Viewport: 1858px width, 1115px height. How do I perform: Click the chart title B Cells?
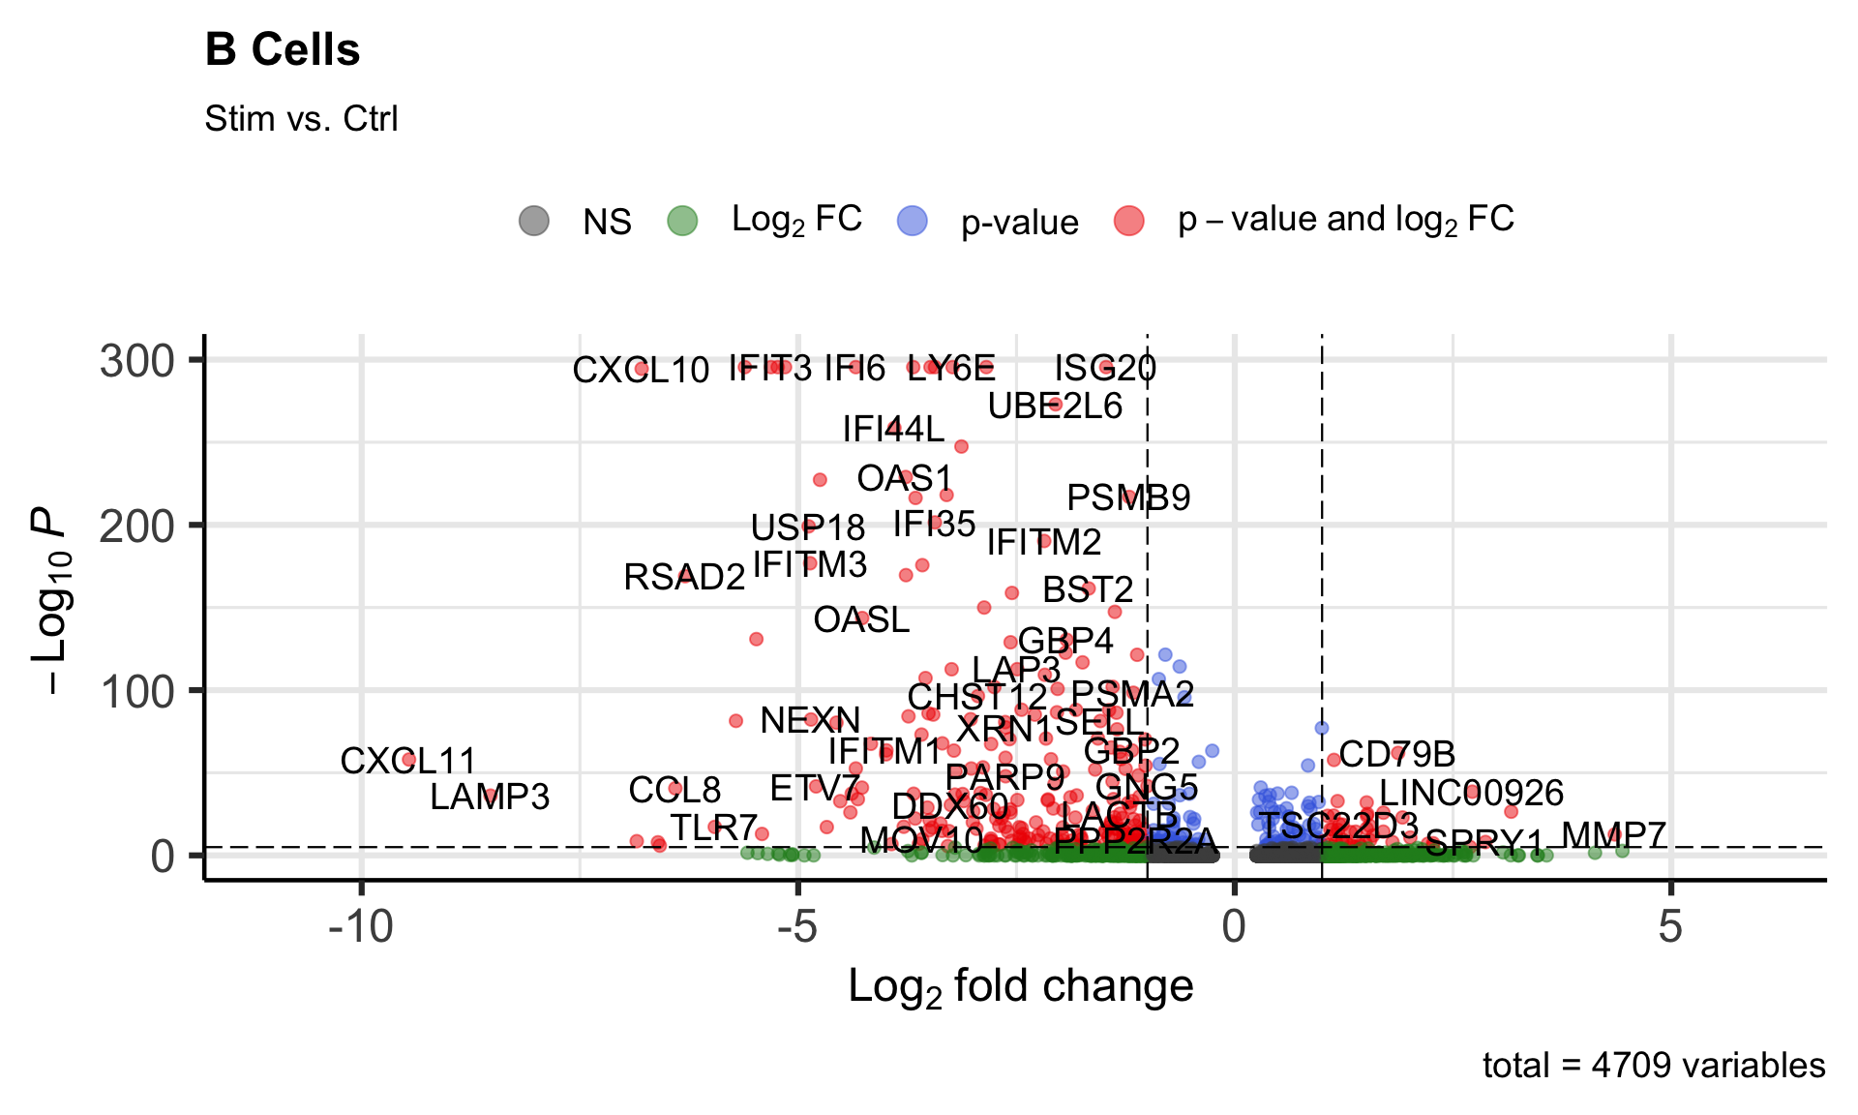click(x=283, y=50)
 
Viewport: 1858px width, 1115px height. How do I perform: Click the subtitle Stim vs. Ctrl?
click(x=301, y=119)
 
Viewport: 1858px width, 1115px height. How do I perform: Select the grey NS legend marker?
click(x=534, y=221)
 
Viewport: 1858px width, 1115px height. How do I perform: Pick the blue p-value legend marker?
click(x=913, y=221)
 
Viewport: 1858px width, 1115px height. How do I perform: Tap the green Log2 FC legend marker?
click(x=683, y=221)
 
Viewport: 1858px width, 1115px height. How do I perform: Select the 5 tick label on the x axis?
click(x=1670, y=927)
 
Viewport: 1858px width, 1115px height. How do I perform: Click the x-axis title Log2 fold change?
click(x=1020, y=987)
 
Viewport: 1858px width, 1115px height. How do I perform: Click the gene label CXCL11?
click(x=407, y=761)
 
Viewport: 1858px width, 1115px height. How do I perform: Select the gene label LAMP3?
click(x=490, y=798)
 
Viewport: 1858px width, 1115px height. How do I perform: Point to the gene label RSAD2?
click(x=684, y=578)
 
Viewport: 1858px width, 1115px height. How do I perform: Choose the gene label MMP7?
click(x=1613, y=835)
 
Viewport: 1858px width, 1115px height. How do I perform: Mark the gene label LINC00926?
click(x=1471, y=794)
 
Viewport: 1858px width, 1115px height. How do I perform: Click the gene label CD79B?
click(x=1396, y=754)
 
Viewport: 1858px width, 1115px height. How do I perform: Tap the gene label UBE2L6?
click(x=1055, y=407)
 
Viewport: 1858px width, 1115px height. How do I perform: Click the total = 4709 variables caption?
click(x=1653, y=1066)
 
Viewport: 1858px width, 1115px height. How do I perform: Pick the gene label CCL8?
click(x=674, y=791)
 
